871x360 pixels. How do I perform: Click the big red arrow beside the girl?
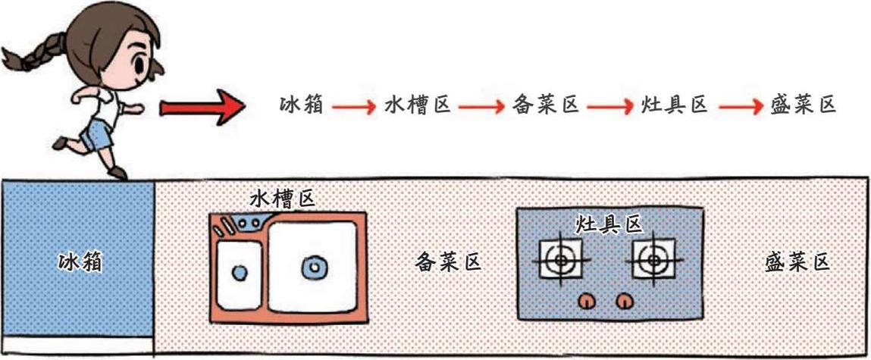pyautogui.click(x=202, y=108)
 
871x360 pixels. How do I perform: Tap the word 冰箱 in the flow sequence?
pyautogui.click(x=301, y=105)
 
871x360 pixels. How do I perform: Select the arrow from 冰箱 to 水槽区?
pyautogui.click(x=352, y=106)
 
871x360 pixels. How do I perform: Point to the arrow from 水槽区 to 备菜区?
pyautogui.click(x=481, y=106)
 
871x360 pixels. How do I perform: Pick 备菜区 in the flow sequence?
pyautogui.click(x=546, y=105)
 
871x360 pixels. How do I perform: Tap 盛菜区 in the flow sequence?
pyautogui.click(x=802, y=105)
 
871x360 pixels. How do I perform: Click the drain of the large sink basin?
pyautogui.click(x=312, y=266)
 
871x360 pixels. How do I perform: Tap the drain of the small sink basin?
pyautogui.click(x=240, y=273)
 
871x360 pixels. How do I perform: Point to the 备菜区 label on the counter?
pyautogui.click(x=449, y=262)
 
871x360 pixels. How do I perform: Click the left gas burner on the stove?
pyautogui.click(x=561, y=260)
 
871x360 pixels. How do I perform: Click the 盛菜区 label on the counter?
pyautogui.click(x=797, y=262)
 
